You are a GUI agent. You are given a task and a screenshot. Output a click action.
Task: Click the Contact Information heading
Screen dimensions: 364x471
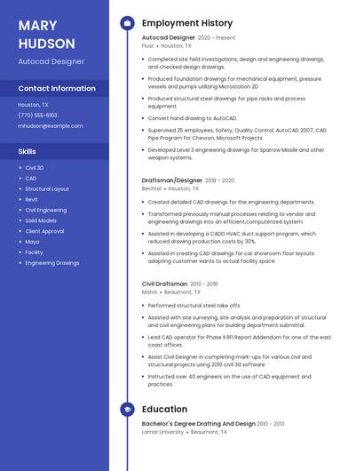pyautogui.click(x=57, y=89)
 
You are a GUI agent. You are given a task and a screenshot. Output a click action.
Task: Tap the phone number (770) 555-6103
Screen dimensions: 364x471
pyautogui.click(x=37, y=115)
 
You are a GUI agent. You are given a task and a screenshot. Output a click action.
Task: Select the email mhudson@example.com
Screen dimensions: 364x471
pyautogui.click(x=51, y=126)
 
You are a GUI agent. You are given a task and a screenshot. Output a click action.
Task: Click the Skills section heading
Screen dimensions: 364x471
pyautogui.click(x=28, y=151)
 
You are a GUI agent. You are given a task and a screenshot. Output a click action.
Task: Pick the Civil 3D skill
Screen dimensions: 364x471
pyautogui.click(x=35, y=167)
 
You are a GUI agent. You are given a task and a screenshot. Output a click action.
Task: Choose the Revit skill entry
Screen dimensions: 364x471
pyautogui.click(x=32, y=199)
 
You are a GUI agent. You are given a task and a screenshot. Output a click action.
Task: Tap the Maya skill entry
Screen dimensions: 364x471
pyautogui.click(x=32, y=242)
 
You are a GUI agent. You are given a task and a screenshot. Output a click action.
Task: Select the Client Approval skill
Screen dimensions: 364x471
pyautogui.click(x=44, y=231)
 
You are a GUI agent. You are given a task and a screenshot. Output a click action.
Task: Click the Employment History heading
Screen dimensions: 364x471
pyautogui.click(x=187, y=23)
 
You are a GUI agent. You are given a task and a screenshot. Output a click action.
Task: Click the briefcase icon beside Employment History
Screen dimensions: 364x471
pyautogui.click(x=127, y=23)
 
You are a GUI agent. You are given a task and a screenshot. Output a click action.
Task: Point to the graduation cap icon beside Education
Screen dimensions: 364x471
pyautogui.click(x=127, y=409)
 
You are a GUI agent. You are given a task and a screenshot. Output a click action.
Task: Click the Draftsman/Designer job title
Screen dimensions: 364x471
pyautogui.click(x=171, y=180)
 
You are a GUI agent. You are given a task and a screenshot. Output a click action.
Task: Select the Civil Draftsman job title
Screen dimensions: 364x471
pyautogui.click(x=165, y=284)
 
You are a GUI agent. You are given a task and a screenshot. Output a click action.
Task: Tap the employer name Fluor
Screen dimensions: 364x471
pyautogui.click(x=148, y=45)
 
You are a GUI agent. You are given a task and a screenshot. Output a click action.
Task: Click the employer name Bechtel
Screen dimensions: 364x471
pyautogui.click(x=152, y=188)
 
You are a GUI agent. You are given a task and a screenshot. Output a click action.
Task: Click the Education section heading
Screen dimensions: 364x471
pyautogui.click(x=164, y=409)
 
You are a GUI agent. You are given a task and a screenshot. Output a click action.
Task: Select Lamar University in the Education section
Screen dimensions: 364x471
pyautogui.click(x=163, y=432)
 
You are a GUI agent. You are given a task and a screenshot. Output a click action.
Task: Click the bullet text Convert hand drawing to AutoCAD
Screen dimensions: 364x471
pyautogui.click(x=193, y=117)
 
